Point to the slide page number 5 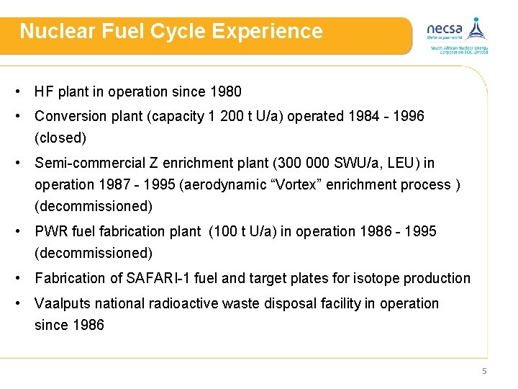pos(484,371)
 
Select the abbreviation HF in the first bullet pos(44,91)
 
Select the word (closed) pos(60,138)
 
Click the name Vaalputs pos(63,303)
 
